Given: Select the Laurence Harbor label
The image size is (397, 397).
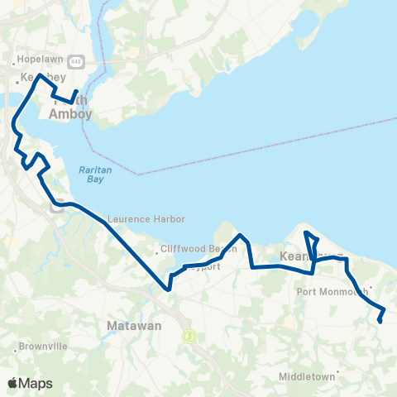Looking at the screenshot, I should coord(146,219).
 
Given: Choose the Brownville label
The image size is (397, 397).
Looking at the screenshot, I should coord(42,347).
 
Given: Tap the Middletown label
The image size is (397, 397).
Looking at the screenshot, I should coord(307,376).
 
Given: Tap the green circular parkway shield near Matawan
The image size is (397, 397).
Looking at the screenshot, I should coord(189,336).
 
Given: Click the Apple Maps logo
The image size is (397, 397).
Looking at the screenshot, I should coord(30,383).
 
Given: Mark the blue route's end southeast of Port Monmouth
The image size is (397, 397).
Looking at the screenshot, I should coord(379,322).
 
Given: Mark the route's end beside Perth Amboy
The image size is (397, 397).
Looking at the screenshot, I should coord(77,92).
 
